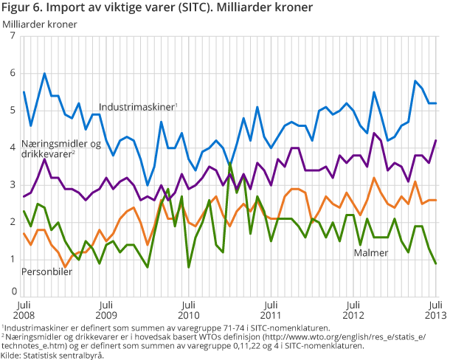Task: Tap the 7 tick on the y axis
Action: click(13, 36)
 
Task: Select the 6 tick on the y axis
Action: click(13, 73)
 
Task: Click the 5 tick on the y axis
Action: click(13, 111)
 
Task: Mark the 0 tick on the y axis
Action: click(13, 292)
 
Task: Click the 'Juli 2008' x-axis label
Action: click(24, 308)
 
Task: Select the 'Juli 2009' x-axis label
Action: click(106, 308)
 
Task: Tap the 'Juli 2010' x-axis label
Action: click(189, 308)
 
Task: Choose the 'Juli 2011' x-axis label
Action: click(271, 308)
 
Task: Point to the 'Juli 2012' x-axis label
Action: click(354, 308)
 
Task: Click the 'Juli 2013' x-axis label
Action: click(435, 308)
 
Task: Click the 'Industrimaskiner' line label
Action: click(137, 107)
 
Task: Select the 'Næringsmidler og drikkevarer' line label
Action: click(50, 148)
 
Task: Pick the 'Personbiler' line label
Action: click(47, 271)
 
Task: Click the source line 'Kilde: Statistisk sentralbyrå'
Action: click(52, 354)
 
